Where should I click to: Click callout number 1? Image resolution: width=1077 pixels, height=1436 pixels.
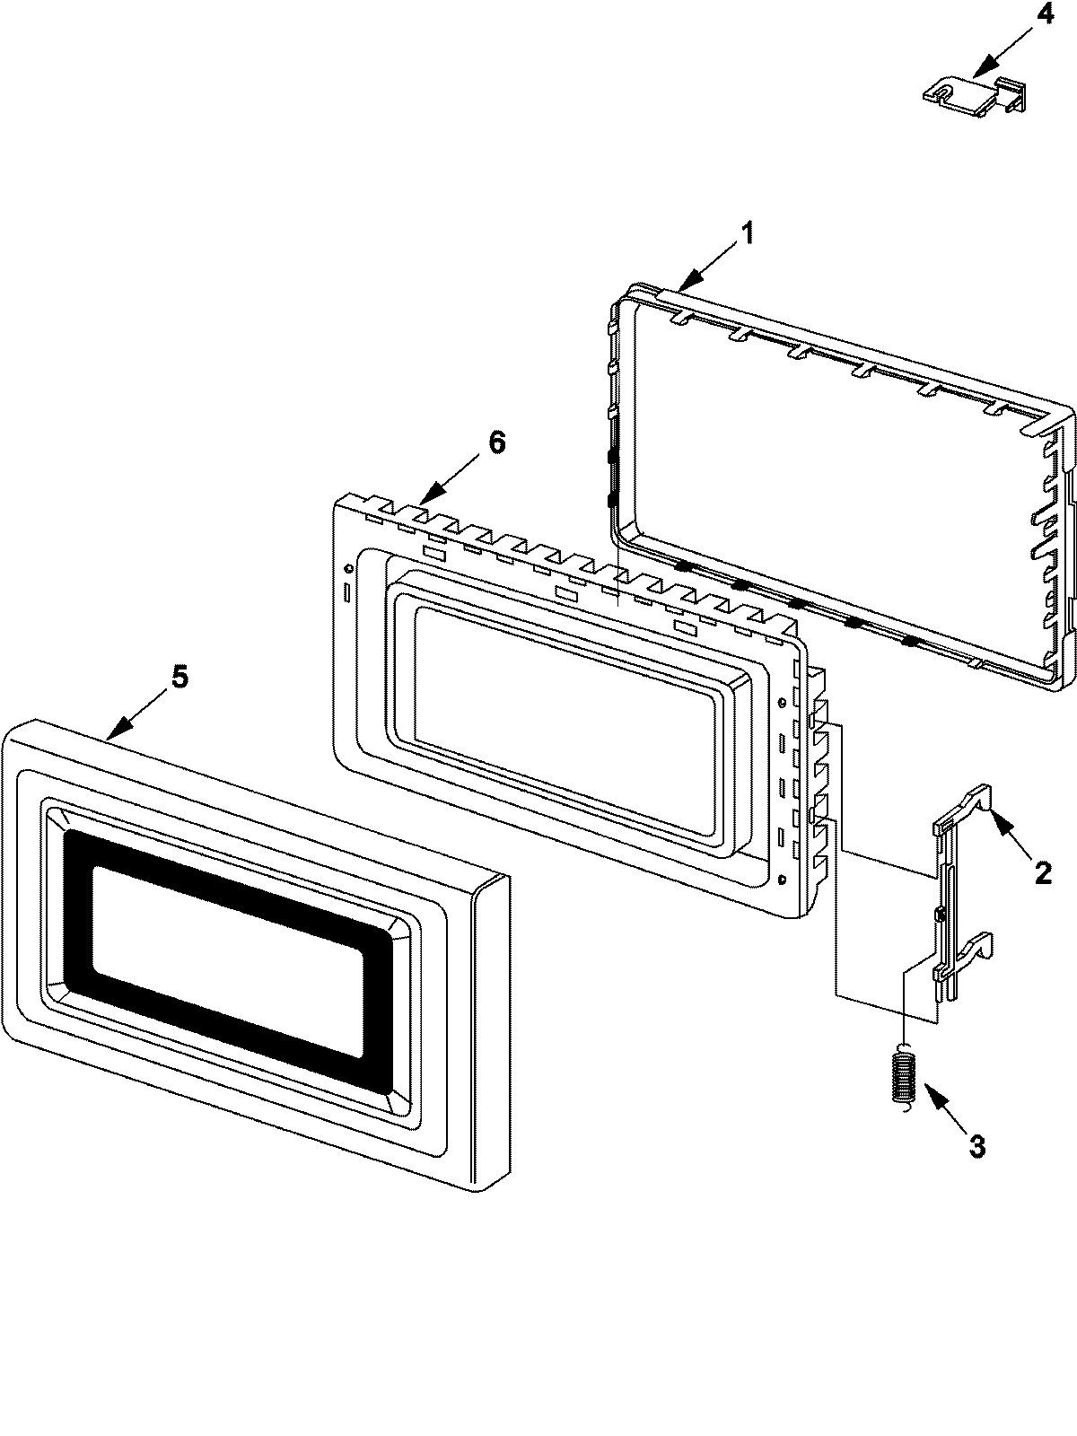pos(746,209)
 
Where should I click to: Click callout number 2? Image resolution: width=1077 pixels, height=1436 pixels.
pos(1042,871)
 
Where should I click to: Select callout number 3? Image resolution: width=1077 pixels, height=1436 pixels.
pos(976,1145)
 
